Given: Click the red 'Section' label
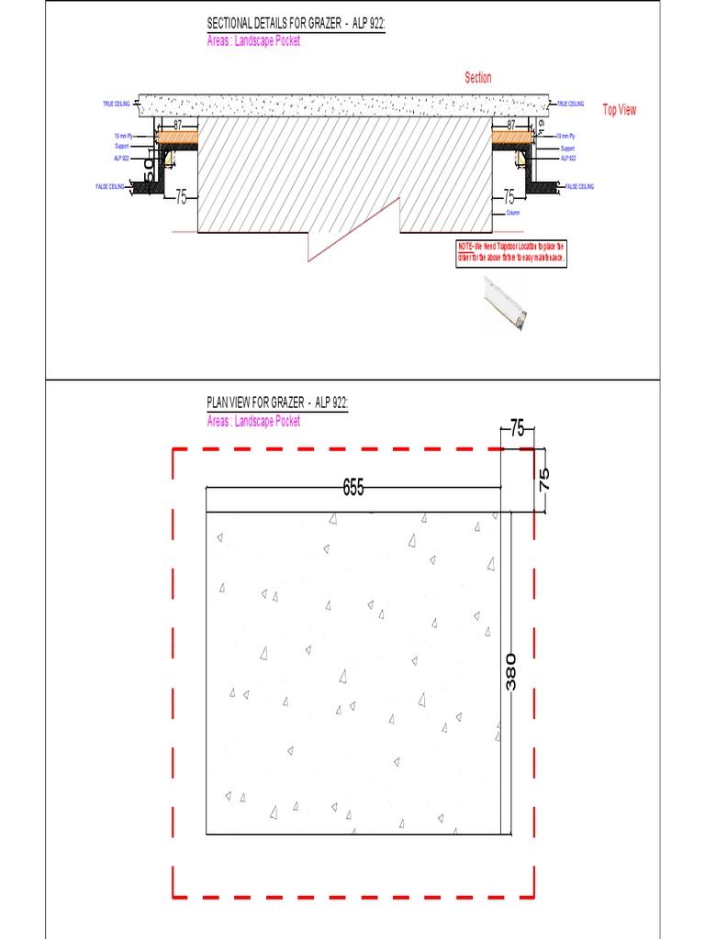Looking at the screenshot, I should pos(478,78).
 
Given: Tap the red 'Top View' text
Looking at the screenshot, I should pos(619,110).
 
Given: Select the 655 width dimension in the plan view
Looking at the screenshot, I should pos(353,488).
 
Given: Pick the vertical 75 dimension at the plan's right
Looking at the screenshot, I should pos(543,479).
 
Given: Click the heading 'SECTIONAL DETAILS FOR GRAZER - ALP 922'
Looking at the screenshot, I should pos(296,25).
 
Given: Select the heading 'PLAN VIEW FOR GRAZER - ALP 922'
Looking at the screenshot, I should pos(277,403).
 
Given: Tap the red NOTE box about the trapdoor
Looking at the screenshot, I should pos(512,253).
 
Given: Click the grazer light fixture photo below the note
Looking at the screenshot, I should pos(506,305).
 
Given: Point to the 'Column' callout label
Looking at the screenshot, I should pos(512,213).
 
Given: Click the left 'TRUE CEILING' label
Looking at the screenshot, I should pos(116,105).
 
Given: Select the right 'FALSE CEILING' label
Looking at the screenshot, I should pos(579,186).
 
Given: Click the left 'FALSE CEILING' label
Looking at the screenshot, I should pos(109,186).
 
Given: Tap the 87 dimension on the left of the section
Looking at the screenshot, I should pos(178,123).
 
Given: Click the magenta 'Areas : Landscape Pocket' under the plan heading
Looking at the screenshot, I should pos(253,421).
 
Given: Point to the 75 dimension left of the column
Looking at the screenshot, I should pos(181,197).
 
